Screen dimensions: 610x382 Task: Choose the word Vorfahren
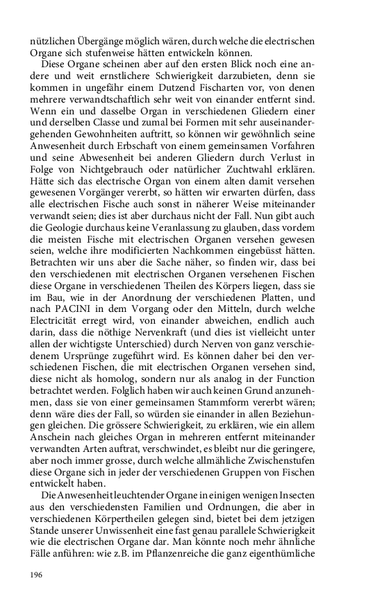(x=319, y=167)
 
